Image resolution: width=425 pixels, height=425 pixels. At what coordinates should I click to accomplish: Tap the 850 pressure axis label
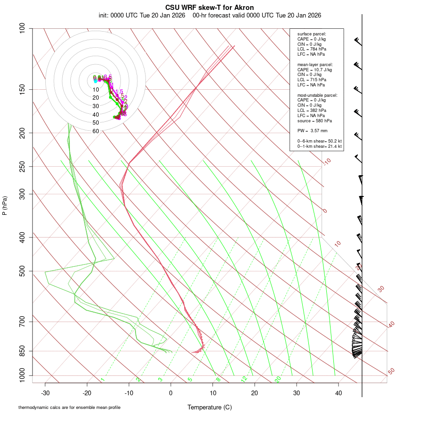23,351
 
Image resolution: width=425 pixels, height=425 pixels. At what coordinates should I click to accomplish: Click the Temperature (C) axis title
210,407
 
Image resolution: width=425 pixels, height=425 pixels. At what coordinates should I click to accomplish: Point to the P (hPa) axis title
5,205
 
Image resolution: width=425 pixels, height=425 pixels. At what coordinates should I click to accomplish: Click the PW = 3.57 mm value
312,130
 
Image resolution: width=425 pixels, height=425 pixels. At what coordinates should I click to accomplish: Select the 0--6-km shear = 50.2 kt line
319,141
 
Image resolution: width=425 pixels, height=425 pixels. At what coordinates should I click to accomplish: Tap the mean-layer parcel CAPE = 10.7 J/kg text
314,69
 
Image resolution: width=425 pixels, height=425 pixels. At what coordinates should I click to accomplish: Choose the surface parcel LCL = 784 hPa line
312,49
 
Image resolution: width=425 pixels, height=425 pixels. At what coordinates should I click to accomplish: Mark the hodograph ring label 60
96,131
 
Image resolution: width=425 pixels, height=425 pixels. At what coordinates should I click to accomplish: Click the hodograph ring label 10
96,90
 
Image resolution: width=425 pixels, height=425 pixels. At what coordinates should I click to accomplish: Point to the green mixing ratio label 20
278,379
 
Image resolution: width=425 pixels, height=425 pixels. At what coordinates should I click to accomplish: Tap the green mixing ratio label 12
244,379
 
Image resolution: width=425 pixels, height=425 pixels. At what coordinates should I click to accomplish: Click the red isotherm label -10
327,162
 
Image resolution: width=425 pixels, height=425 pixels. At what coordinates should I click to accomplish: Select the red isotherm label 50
391,372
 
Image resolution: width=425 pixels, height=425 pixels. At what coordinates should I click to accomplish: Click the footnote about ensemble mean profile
69,407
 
